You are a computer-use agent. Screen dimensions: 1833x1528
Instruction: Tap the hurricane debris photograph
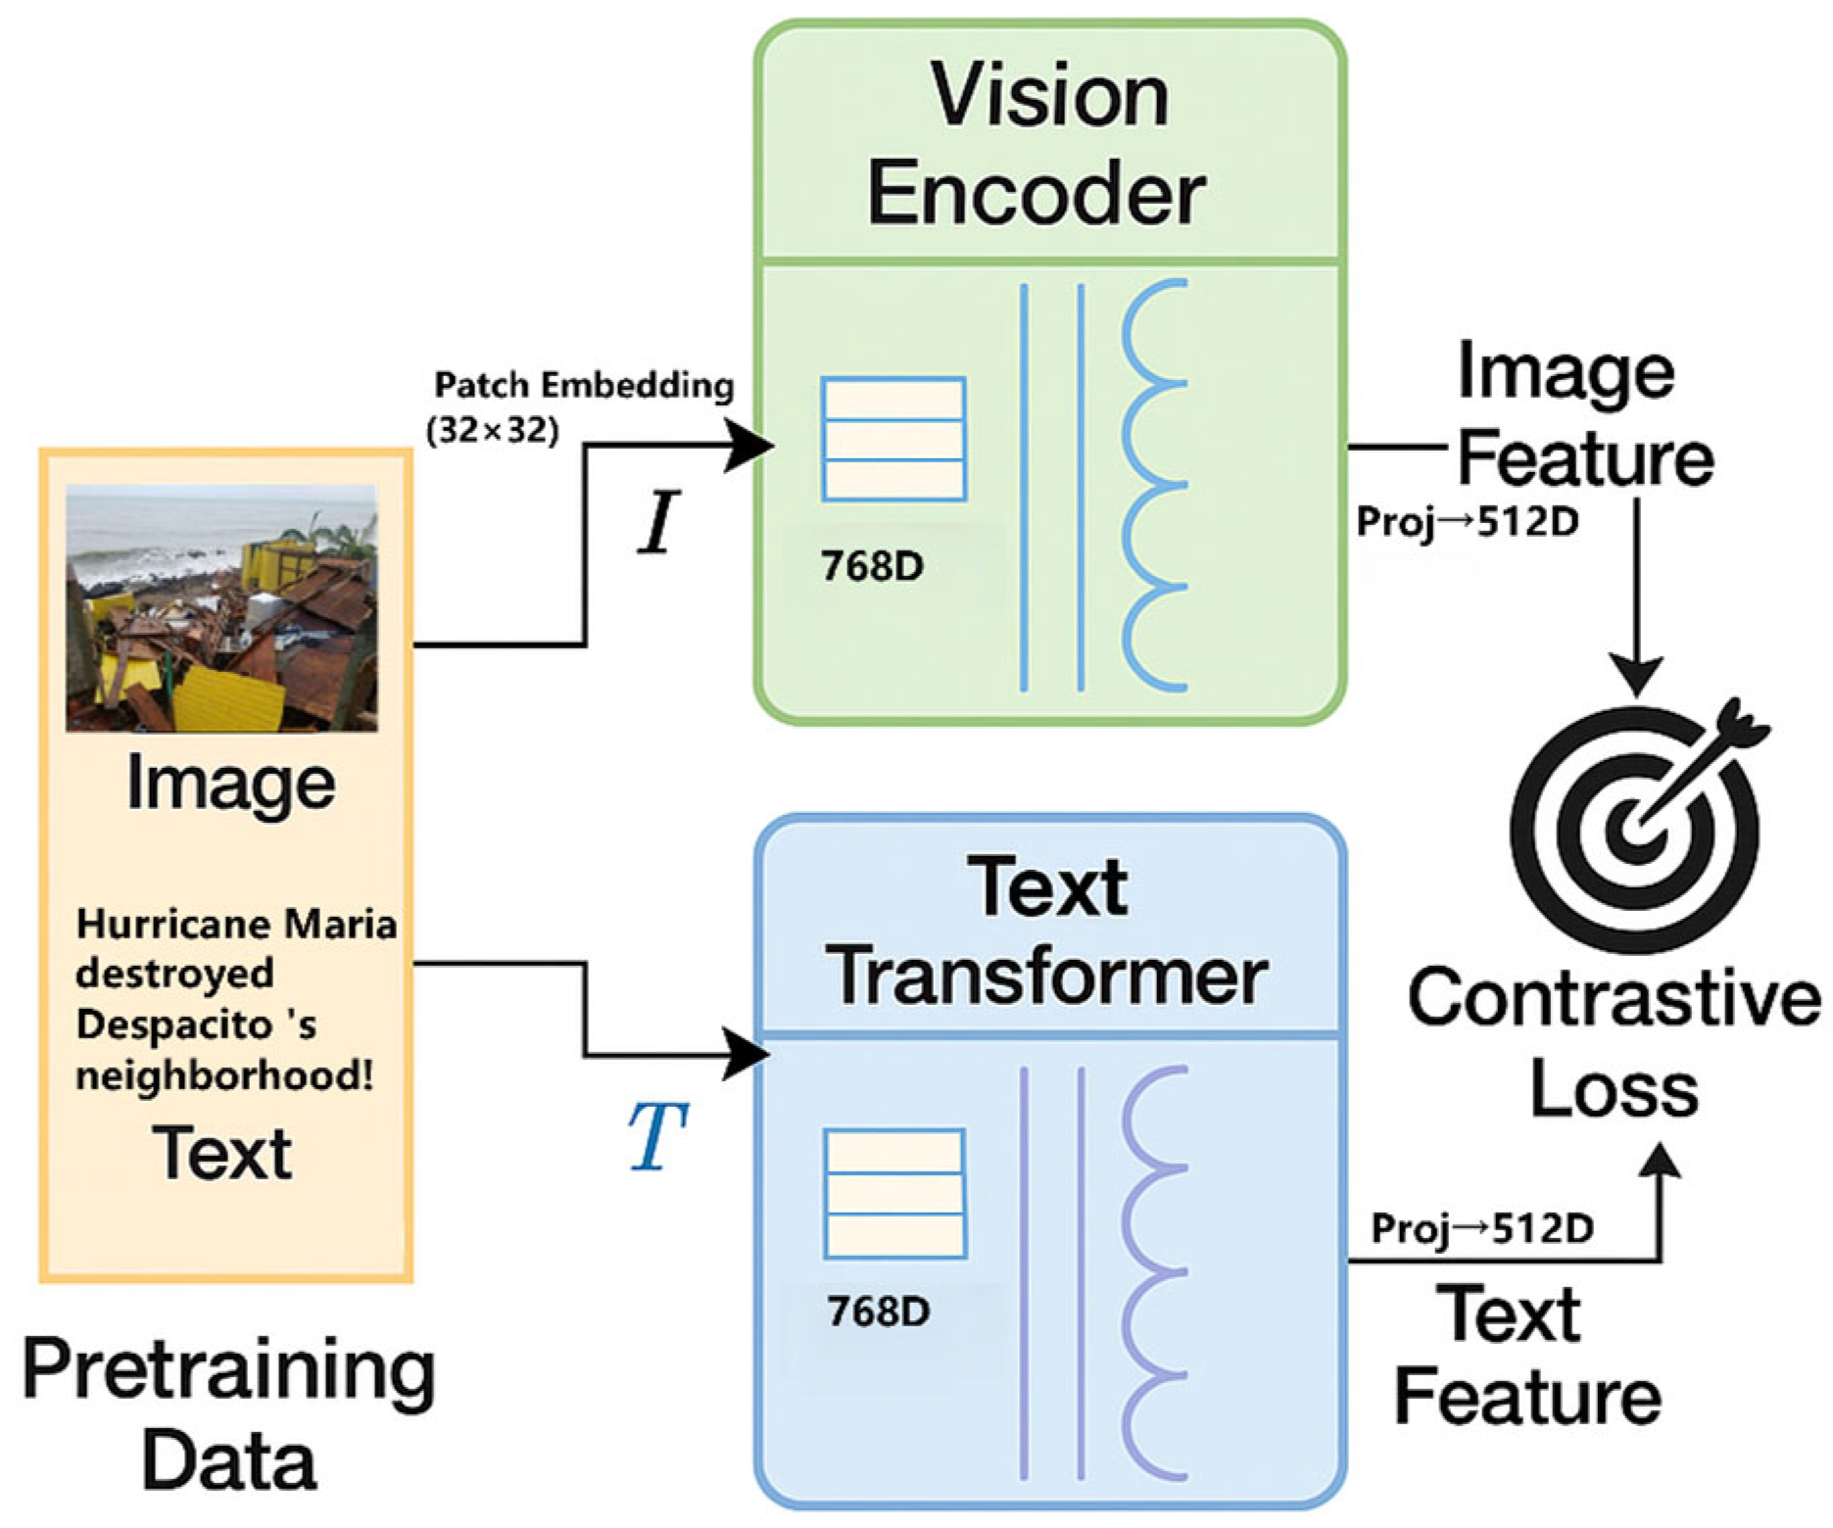pyautogui.click(x=221, y=608)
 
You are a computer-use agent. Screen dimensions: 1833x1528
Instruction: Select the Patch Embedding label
pyautogui.click(x=584, y=385)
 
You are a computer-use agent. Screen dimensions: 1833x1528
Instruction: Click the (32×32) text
pyautogui.click(x=493, y=430)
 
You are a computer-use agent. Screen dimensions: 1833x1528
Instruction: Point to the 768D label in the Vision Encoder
pyautogui.click(x=872, y=566)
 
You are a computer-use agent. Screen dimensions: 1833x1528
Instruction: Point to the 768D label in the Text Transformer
pyautogui.click(x=879, y=1312)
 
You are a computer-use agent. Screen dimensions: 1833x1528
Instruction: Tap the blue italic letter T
pyautogui.click(x=656, y=1136)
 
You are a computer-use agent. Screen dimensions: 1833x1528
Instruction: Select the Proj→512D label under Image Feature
pyautogui.click(x=1468, y=522)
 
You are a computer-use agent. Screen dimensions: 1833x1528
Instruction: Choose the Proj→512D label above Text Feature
pyautogui.click(x=1482, y=1228)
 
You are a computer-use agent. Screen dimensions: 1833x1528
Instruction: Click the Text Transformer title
pyautogui.click(x=1047, y=931)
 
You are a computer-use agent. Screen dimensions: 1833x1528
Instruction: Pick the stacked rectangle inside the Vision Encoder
pyautogui.click(x=893, y=439)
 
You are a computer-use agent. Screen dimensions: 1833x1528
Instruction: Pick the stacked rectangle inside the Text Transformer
pyautogui.click(x=894, y=1193)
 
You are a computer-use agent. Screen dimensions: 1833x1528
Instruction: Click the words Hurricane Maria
pyautogui.click(x=236, y=924)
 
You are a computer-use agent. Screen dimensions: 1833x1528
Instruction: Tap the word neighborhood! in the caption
pyautogui.click(x=224, y=1075)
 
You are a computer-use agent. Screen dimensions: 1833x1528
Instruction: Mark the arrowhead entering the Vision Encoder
pyautogui.click(x=748, y=446)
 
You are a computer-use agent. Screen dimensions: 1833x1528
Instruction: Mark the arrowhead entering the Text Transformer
pyautogui.click(x=747, y=1054)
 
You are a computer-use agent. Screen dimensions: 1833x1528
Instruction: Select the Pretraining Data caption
pyautogui.click(x=229, y=1413)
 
